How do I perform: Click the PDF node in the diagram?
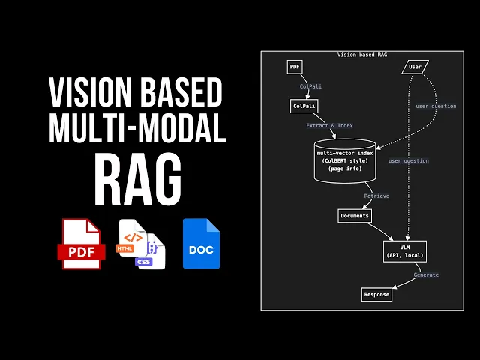[x=295, y=67]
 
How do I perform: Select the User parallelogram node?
[x=415, y=67]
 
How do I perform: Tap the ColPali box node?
[x=304, y=106]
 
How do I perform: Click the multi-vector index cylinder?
[x=345, y=160]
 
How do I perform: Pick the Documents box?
[x=355, y=216]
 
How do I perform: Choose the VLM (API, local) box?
[x=405, y=250]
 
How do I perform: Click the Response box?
[x=376, y=295]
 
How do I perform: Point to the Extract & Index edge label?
[x=329, y=126]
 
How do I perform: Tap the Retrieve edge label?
[x=376, y=196]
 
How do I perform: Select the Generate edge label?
[x=426, y=275]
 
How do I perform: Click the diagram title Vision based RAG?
[x=362, y=55]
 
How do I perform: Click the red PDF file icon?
[x=81, y=244]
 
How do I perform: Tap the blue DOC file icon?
[x=201, y=244]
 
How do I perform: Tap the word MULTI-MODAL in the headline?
[x=137, y=130]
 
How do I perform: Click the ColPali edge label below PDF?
[x=310, y=86]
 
